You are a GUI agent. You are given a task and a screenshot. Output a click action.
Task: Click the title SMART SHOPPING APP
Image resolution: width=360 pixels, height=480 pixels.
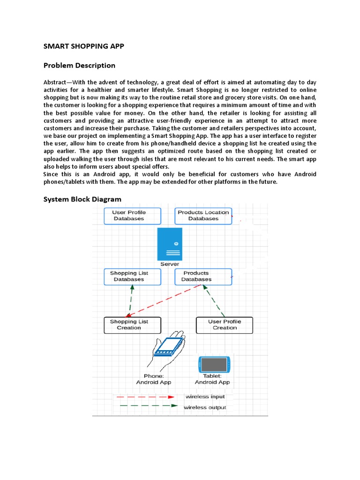point(84,46)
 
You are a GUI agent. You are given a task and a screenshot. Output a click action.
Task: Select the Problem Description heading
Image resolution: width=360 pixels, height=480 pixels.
point(79,65)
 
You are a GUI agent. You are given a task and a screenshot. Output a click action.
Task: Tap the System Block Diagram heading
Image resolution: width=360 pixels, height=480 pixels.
point(82,199)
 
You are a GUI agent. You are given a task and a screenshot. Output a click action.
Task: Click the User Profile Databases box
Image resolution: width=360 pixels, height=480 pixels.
point(132,216)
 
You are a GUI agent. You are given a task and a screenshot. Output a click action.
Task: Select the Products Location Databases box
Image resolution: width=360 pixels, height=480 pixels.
point(203,216)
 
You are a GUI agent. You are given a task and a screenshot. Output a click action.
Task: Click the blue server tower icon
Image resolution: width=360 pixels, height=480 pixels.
point(169,244)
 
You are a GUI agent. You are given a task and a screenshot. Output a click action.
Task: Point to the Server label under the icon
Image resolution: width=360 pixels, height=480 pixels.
point(169,264)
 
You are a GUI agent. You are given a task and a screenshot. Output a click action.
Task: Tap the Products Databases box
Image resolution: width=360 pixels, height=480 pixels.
point(203,277)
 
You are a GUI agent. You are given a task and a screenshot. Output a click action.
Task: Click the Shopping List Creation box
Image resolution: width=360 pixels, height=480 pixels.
point(132,325)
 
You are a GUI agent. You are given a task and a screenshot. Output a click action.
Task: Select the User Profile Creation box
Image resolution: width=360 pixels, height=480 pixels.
point(225,325)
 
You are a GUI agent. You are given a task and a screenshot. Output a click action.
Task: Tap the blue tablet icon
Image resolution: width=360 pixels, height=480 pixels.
point(215,364)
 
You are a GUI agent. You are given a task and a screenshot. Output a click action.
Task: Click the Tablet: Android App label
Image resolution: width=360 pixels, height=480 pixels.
point(212,379)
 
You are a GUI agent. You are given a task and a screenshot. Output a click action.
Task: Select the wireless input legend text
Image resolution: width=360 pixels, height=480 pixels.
point(205,397)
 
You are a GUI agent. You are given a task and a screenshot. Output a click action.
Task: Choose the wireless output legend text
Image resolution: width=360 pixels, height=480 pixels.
point(205,408)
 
